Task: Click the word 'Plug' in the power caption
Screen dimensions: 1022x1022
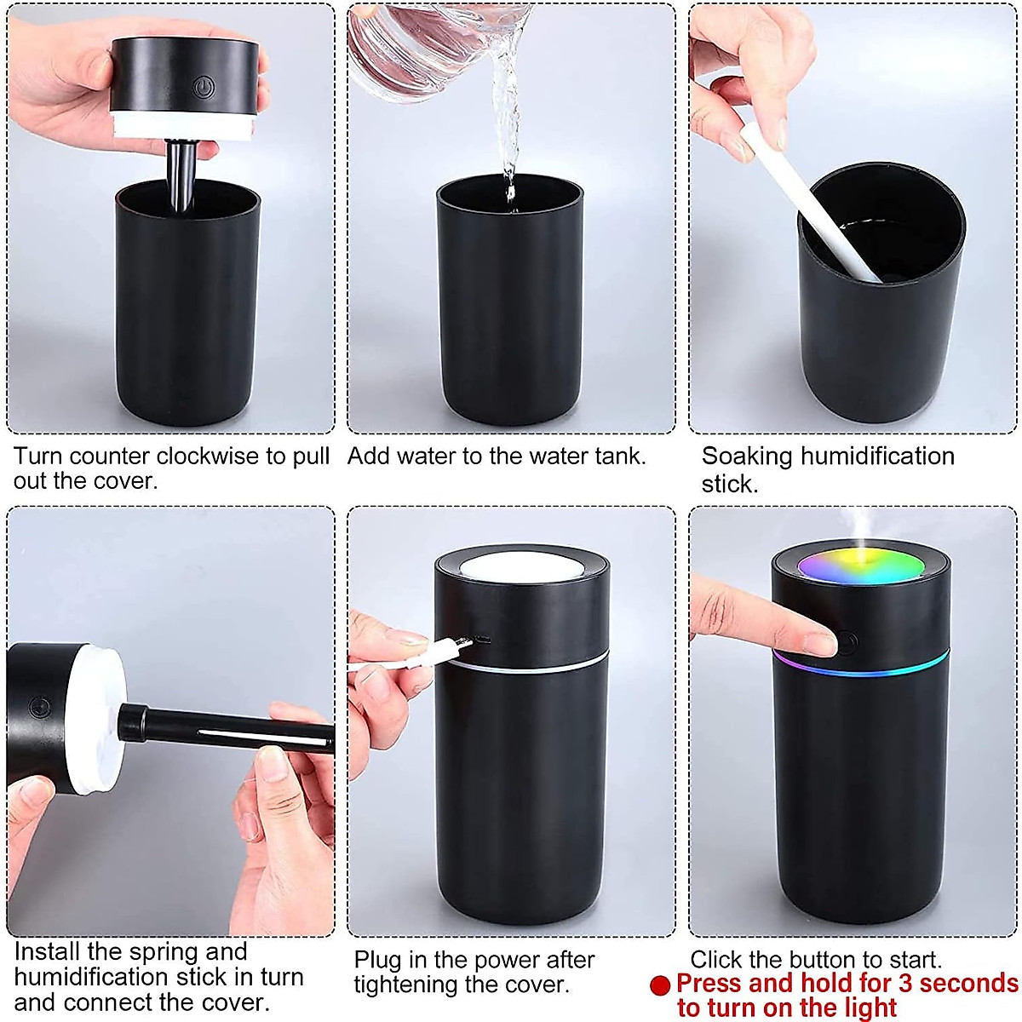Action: pos(378,961)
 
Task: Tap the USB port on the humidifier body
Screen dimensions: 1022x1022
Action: pos(482,639)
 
